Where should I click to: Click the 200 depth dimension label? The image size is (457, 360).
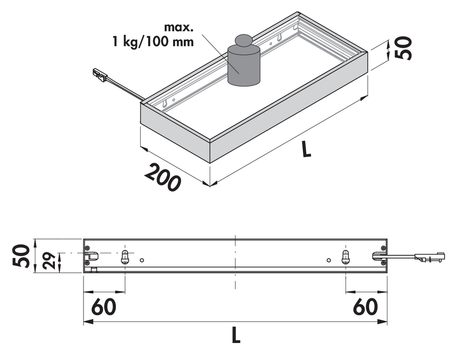point(162,178)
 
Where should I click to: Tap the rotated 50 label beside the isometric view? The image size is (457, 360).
point(403,48)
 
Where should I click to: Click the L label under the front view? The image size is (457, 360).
point(236,335)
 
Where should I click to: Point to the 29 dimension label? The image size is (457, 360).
point(50,260)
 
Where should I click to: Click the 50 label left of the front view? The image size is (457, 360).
point(21,256)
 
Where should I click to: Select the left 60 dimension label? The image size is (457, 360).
point(104,306)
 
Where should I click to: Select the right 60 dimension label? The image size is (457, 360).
point(365,306)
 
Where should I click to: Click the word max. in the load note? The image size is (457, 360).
point(179,27)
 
